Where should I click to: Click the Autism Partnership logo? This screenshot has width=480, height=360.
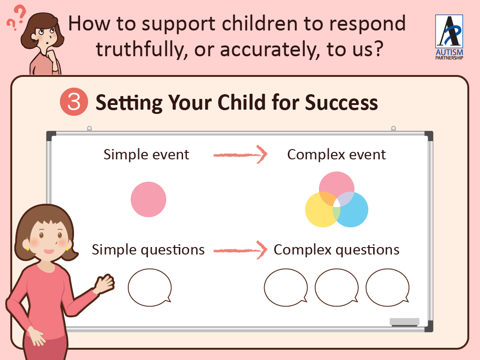point(449,37)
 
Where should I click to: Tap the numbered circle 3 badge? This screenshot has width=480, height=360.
point(74,102)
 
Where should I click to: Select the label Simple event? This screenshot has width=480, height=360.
point(146,154)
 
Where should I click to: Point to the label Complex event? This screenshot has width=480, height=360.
point(336,154)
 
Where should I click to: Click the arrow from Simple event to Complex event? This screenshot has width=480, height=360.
point(240,155)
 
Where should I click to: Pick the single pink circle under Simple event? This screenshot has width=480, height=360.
point(148,200)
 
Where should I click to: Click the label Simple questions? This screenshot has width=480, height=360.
point(148,250)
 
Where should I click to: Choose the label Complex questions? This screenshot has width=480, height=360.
point(336,250)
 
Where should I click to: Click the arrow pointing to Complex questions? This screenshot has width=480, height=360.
point(240,250)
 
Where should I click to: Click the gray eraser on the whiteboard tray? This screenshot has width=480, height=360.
point(405,322)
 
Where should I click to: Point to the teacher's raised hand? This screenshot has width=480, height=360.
point(104,284)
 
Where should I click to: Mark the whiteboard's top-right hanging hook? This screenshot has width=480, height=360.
point(393,128)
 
